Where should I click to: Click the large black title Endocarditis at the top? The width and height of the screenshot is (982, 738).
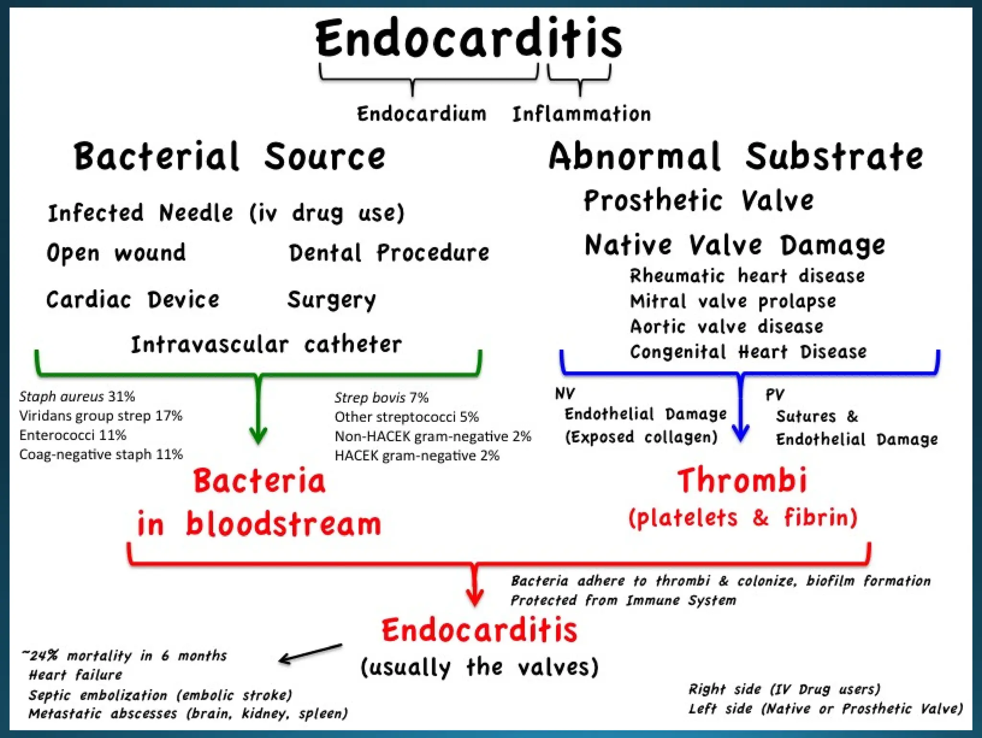pyautogui.click(x=468, y=38)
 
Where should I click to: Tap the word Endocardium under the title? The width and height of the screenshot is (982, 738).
pyautogui.click(x=421, y=114)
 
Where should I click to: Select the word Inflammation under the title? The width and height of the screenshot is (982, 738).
pyautogui.click(x=581, y=114)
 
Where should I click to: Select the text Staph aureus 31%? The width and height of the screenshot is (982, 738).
pyautogui.click(x=77, y=396)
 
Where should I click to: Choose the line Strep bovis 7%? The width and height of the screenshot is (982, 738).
pyautogui.click(x=381, y=397)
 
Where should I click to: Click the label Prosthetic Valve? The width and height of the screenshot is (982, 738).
pyautogui.click(x=698, y=200)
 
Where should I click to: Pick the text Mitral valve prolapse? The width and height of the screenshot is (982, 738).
pyautogui.click(x=733, y=301)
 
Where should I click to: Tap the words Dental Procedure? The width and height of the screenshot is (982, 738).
pyautogui.click(x=388, y=252)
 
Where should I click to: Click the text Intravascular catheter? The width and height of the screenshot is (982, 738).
pyautogui.click(x=266, y=345)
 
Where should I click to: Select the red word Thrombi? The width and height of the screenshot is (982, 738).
pyautogui.click(x=742, y=481)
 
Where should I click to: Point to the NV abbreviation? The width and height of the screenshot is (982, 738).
pyautogui.click(x=565, y=393)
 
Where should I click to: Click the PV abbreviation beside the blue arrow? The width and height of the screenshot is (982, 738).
pyautogui.click(x=774, y=394)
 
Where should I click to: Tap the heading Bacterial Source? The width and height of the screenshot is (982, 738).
pyautogui.click(x=229, y=156)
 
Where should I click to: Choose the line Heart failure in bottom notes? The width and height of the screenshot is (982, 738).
pyautogui.click(x=75, y=675)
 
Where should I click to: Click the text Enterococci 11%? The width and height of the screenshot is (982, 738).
pyautogui.click(x=72, y=435)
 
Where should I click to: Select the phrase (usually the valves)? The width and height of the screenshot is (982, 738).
pyautogui.click(x=479, y=667)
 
